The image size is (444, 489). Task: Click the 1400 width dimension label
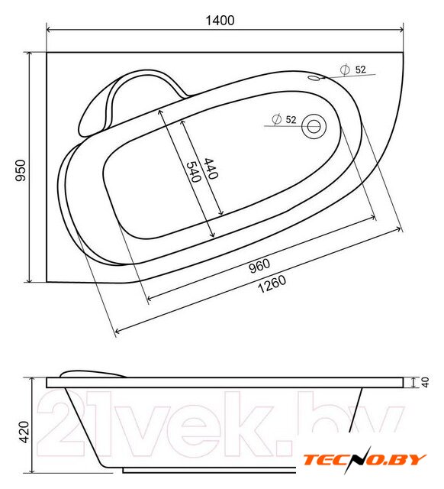220,21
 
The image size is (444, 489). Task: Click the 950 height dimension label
21,170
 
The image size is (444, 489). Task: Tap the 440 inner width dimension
211,168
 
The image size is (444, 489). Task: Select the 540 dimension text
194,171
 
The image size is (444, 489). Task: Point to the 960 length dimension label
259,265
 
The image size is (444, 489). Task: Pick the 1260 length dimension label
272,284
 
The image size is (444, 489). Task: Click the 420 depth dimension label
24,432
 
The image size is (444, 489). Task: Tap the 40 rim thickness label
425,382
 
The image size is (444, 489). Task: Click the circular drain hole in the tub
314,126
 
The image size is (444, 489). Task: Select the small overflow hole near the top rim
315,78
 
